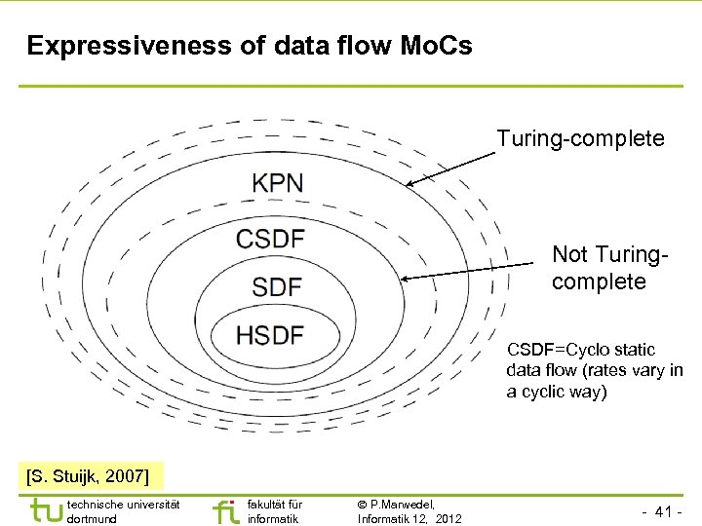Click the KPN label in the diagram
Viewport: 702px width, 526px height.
[278, 182]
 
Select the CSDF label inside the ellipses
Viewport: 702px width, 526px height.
[270, 238]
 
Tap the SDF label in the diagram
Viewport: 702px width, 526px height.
[276, 286]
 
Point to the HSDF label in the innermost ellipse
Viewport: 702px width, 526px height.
[270, 335]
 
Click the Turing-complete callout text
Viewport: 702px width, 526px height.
[580, 139]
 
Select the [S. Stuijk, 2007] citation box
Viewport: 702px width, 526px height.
[88, 476]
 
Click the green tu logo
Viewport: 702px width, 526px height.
[44, 510]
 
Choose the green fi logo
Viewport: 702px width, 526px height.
[223, 510]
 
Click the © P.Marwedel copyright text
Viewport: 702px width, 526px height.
[396, 504]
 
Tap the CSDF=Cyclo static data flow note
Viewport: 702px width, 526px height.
[594, 370]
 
